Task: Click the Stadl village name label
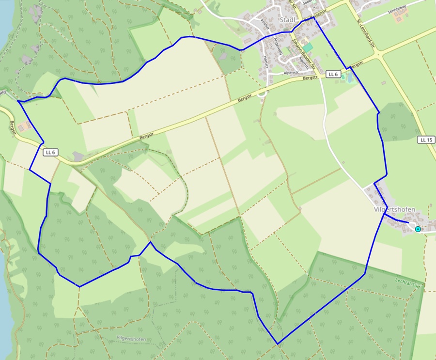pos(288,19)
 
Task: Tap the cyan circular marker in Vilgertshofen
pos(418,229)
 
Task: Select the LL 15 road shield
pos(425,140)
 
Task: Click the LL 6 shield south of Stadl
pos(332,74)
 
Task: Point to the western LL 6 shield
pos(50,152)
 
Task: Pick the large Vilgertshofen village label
pos(395,209)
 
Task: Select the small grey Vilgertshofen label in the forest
pos(131,339)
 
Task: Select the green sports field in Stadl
pos(308,47)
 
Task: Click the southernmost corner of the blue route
pos(278,344)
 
